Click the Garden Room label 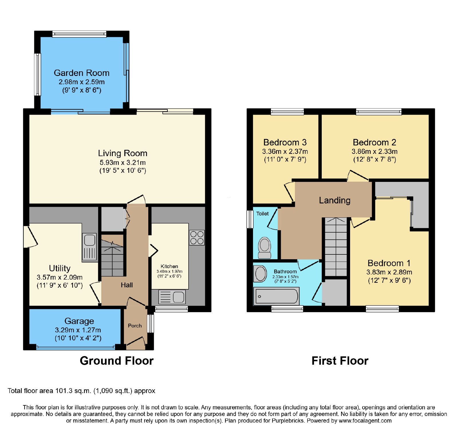(x=82, y=73)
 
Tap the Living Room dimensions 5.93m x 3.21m (x=123, y=162)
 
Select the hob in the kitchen (x=197, y=237)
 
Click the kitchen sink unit (x=172, y=297)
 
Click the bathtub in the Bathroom (x=277, y=297)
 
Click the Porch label (x=135, y=326)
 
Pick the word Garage (x=79, y=321)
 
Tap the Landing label (x=335, y=200)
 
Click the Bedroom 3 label (x=285, y=142)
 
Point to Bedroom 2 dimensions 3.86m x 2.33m (x=374, y=152)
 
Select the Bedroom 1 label (x=389, y=263)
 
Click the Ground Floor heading (x=117, y=361)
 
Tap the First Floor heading (x=340, y=361)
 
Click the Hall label (x=127, y=285)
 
